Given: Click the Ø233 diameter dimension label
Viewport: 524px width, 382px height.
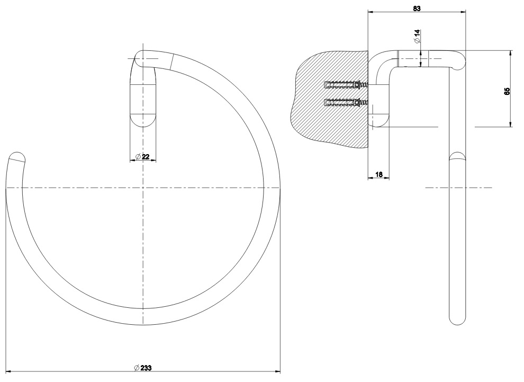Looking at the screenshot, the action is (143, 368).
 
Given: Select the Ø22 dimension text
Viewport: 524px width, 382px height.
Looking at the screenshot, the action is (143, 156).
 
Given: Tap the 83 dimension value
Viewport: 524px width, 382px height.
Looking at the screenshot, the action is (417, 8).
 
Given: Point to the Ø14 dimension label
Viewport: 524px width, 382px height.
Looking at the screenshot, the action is (417, 36).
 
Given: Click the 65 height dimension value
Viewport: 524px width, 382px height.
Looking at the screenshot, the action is (507, 91).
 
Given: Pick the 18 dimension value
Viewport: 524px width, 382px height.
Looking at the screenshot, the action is (378, 174).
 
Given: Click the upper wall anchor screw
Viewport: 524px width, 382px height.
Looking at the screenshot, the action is (346, 85).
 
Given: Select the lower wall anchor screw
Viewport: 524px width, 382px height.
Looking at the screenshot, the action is (346, 102).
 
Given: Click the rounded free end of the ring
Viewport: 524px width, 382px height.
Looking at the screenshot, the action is (16, 157).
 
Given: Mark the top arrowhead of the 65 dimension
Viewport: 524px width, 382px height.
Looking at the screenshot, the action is (511, 54).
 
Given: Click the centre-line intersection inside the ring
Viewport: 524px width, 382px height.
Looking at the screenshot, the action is (143, 188).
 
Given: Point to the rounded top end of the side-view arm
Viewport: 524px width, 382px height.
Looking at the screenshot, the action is (457, 60).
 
